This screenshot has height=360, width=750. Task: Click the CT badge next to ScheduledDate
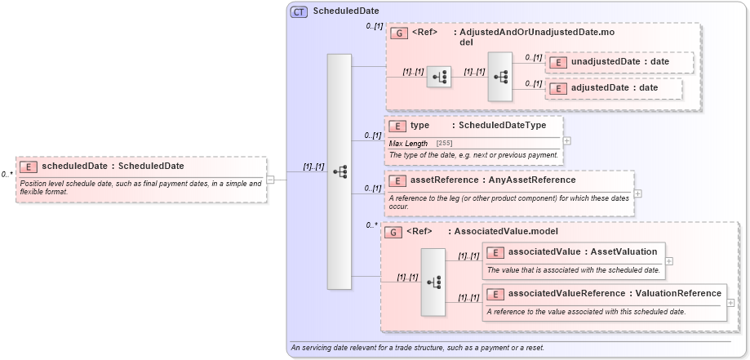point(299,12)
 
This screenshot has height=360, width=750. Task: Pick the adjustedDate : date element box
point(614,88)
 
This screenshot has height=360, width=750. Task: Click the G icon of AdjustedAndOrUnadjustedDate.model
point(399,33)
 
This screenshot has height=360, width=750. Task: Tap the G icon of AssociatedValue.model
point(393,232)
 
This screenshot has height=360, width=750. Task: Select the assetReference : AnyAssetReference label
point(482,180)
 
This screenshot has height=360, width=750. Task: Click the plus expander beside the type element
point(566,140)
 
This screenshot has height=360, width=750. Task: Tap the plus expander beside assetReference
point(638,193)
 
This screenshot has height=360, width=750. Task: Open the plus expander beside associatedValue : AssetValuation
point(669,261)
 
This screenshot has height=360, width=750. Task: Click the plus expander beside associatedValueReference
point(730,302)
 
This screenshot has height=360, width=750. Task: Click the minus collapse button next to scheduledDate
point(270,180)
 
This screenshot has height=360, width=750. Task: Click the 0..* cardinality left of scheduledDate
point(7,174)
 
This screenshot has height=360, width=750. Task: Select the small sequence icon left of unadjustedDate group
point(439,77)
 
